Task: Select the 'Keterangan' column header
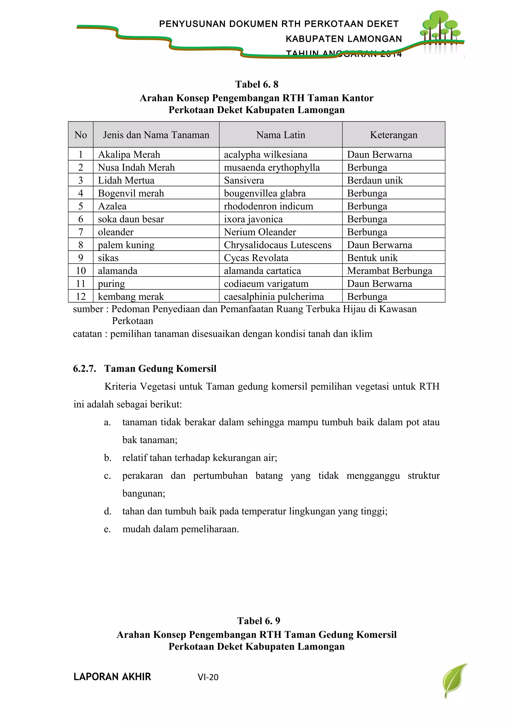click(x=394, y=135)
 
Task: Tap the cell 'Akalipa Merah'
click(x=129, y=154)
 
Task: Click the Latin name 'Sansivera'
click(x=244, y=180)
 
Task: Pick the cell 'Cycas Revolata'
click(x=256, y=258)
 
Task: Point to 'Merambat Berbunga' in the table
click(x=390, y=271)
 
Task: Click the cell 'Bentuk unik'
click(x=372, y=258)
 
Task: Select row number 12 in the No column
click(x=81, y=296)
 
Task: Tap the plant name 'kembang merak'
click(x=131, y=296)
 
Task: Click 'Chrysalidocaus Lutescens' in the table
click(x=278, y=245)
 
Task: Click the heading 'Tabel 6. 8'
click(x=257, y=84)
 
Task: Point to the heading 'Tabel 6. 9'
click(x=259, y=621)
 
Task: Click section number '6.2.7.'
click(x=84, y=369)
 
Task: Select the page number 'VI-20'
click(x=208, y=677)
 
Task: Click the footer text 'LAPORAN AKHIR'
click(x=112, y=677)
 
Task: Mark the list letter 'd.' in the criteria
click(x=107, y=511)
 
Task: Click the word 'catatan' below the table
click(x=87, y=334)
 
